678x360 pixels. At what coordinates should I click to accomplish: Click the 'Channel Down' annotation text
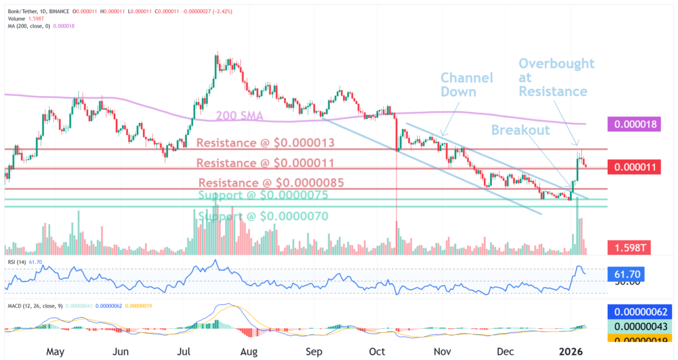(x=467, y=85)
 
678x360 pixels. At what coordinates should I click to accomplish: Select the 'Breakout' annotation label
(x=520, y=130)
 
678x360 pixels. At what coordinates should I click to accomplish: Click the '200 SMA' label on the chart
(x=240, y=116)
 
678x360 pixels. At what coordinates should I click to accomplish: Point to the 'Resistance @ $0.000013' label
(x=265, y=143)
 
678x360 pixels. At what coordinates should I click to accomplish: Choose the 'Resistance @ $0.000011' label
(x=265, y=162)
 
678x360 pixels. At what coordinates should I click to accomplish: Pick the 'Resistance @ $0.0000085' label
(x=269, y=183)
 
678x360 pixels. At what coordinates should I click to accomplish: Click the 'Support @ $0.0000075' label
(x=264, y=196)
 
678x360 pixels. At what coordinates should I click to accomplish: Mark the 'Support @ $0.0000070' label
(x=264, y=216)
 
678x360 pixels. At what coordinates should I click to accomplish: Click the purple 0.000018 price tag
(x=636, y=124)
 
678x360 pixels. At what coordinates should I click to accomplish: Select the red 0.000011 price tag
(x=636, y=167)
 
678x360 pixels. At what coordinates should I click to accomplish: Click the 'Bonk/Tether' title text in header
(x=23, y=5)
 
